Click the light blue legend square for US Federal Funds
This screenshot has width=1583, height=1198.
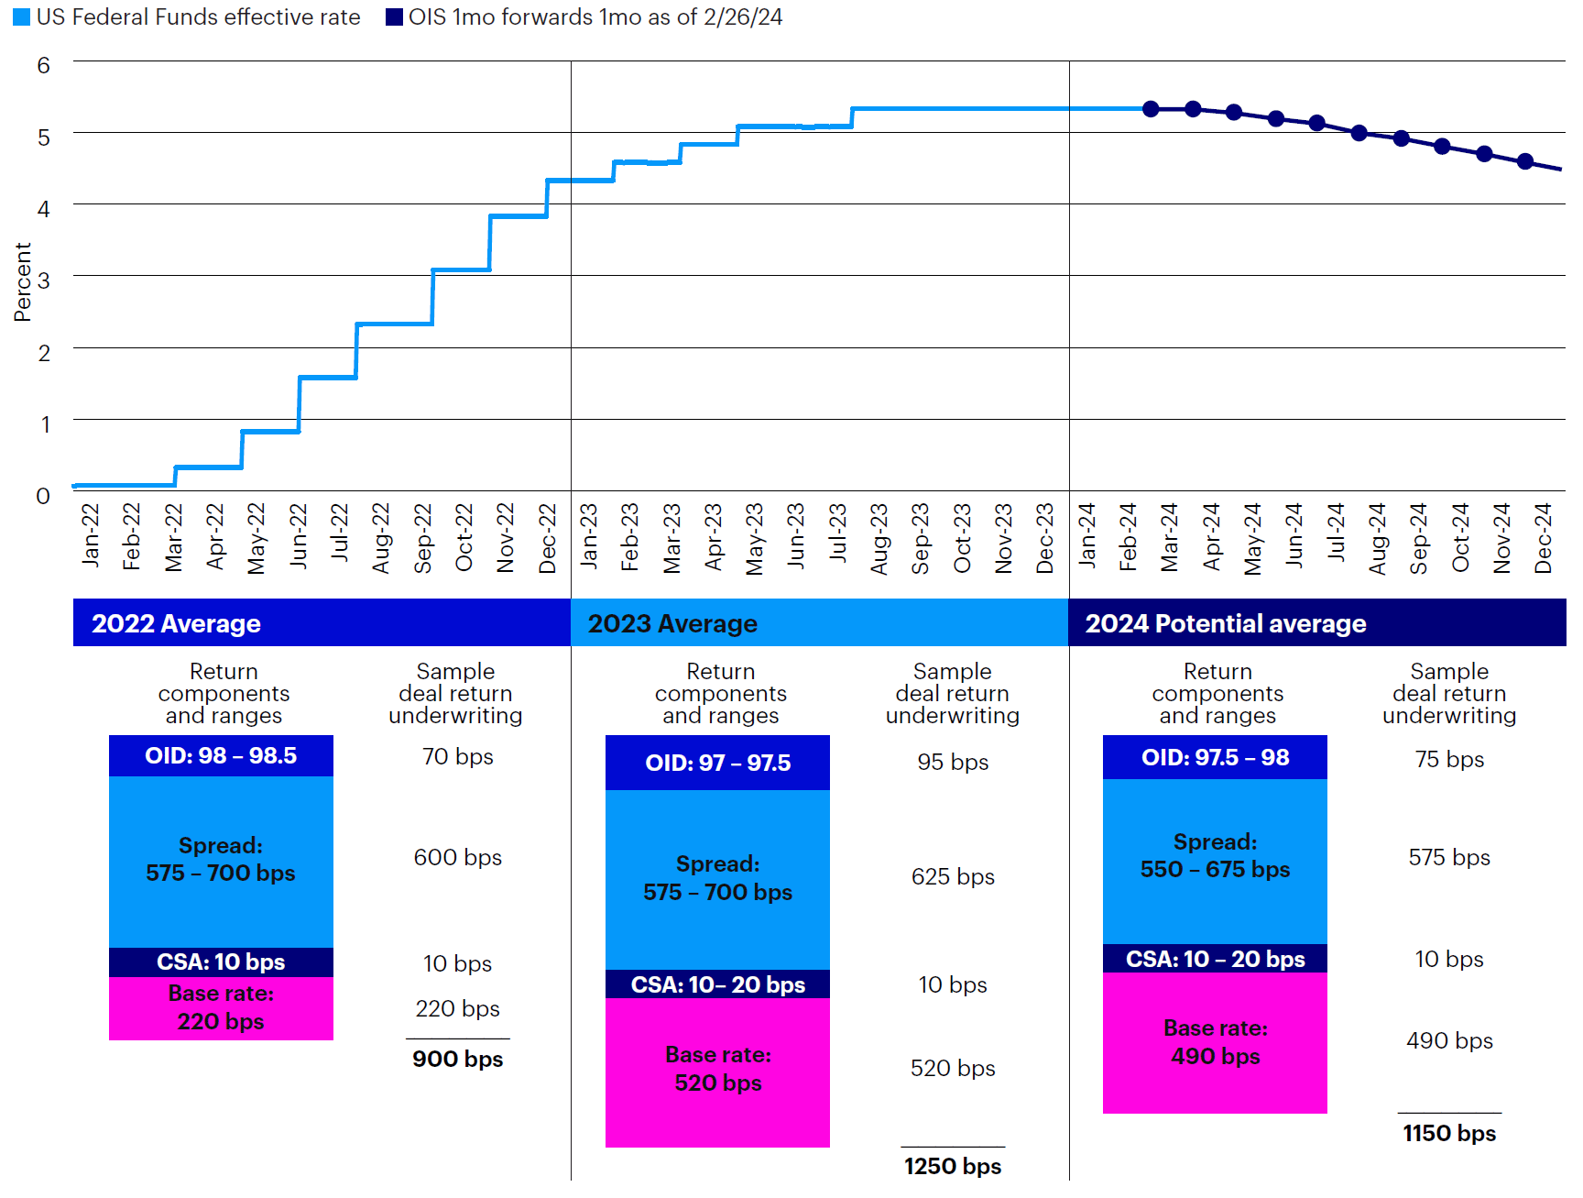(x=21, y=17)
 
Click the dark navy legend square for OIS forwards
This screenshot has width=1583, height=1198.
(x=394, y=17)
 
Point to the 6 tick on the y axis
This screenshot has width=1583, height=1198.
(x=43, y=65)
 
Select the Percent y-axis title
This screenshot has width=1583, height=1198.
(x=23, y=281)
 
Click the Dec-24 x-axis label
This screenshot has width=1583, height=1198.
(x=1543, y=538)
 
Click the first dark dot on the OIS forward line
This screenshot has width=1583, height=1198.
(x=1151, y=109)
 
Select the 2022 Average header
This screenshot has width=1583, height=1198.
(x=176, y=623)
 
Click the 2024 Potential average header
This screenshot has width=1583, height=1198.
(x=1225, y=623)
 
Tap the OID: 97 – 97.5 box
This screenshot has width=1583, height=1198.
(x=717, y=763)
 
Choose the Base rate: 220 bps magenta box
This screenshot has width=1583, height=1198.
(x=221, y=1007)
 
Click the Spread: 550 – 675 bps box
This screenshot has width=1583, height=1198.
(x=1215, y=856)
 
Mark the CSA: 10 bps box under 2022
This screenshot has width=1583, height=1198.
(x=221, y=962)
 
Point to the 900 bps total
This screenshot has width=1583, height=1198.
(x=457, y=1059)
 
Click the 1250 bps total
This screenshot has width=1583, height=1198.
(x=952, y=1166)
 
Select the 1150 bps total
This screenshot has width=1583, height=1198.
(x=1449, y=1133)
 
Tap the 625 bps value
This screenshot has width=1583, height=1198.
(x=953, y=876)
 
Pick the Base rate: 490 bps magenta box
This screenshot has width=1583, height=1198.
(x=1215, y=1042)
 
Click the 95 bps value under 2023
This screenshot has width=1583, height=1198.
(x=953, y=762)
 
